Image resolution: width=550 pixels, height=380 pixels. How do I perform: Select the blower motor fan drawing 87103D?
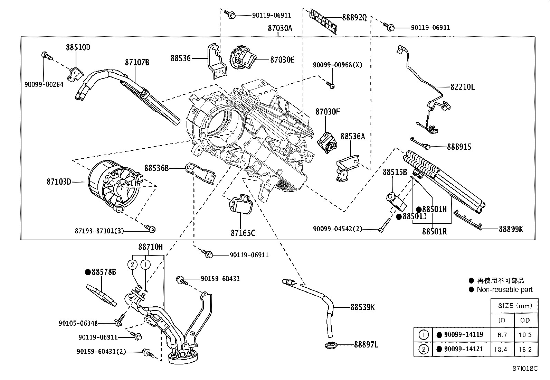tap(114, 185)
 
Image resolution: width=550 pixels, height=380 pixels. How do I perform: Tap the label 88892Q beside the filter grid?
tap(354, 17)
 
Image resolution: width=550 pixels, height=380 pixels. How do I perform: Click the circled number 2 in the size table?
tap(424, 349)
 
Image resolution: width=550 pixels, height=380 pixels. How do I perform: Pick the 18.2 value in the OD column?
tap(525, 349)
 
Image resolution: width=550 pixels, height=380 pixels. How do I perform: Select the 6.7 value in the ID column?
tap(502, 335)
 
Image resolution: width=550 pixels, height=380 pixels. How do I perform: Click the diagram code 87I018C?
tap(525, 369)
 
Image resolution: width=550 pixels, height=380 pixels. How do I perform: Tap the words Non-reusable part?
tap(504, 290)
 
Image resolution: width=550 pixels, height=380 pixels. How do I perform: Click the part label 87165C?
tap(243, 233)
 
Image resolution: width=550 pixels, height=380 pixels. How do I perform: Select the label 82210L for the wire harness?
tap(462, 87)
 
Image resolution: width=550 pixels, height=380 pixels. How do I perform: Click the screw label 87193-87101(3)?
tap(99, 231)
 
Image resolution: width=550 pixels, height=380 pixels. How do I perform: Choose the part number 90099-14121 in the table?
tap(464, 349)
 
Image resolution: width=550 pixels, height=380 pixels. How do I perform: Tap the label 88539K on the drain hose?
tap(362, 307)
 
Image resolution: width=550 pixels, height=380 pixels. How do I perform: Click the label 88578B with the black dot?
tap(104, 272)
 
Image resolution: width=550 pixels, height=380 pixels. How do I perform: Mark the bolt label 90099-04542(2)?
tap(338, 229)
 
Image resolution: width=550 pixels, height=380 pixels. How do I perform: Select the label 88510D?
tap(78, 47)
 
